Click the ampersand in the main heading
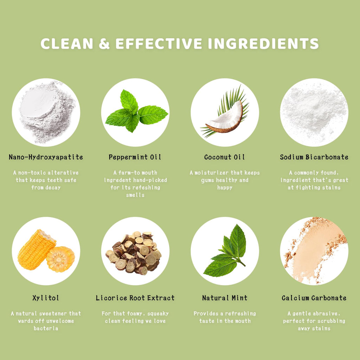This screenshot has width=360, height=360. click(104, 43)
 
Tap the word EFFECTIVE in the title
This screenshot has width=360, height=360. click(159, 43)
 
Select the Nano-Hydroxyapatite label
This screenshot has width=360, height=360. click(46, 157)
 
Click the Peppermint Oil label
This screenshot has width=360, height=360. click(135, 157)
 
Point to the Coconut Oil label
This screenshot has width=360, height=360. click(225, 157)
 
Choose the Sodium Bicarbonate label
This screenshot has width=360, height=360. click(314, 157)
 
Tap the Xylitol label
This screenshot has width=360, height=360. click(46, 298)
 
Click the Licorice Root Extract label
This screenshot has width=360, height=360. click(135, 298)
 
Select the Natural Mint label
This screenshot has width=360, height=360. click(225, 298)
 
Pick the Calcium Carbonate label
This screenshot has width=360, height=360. click(314, 298)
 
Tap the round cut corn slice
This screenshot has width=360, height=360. click(60, 259)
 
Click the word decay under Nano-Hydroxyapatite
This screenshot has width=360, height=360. click(53, 188)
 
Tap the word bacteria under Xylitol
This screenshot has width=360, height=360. click(46, 328)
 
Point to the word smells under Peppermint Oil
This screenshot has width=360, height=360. click(135, 195)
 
